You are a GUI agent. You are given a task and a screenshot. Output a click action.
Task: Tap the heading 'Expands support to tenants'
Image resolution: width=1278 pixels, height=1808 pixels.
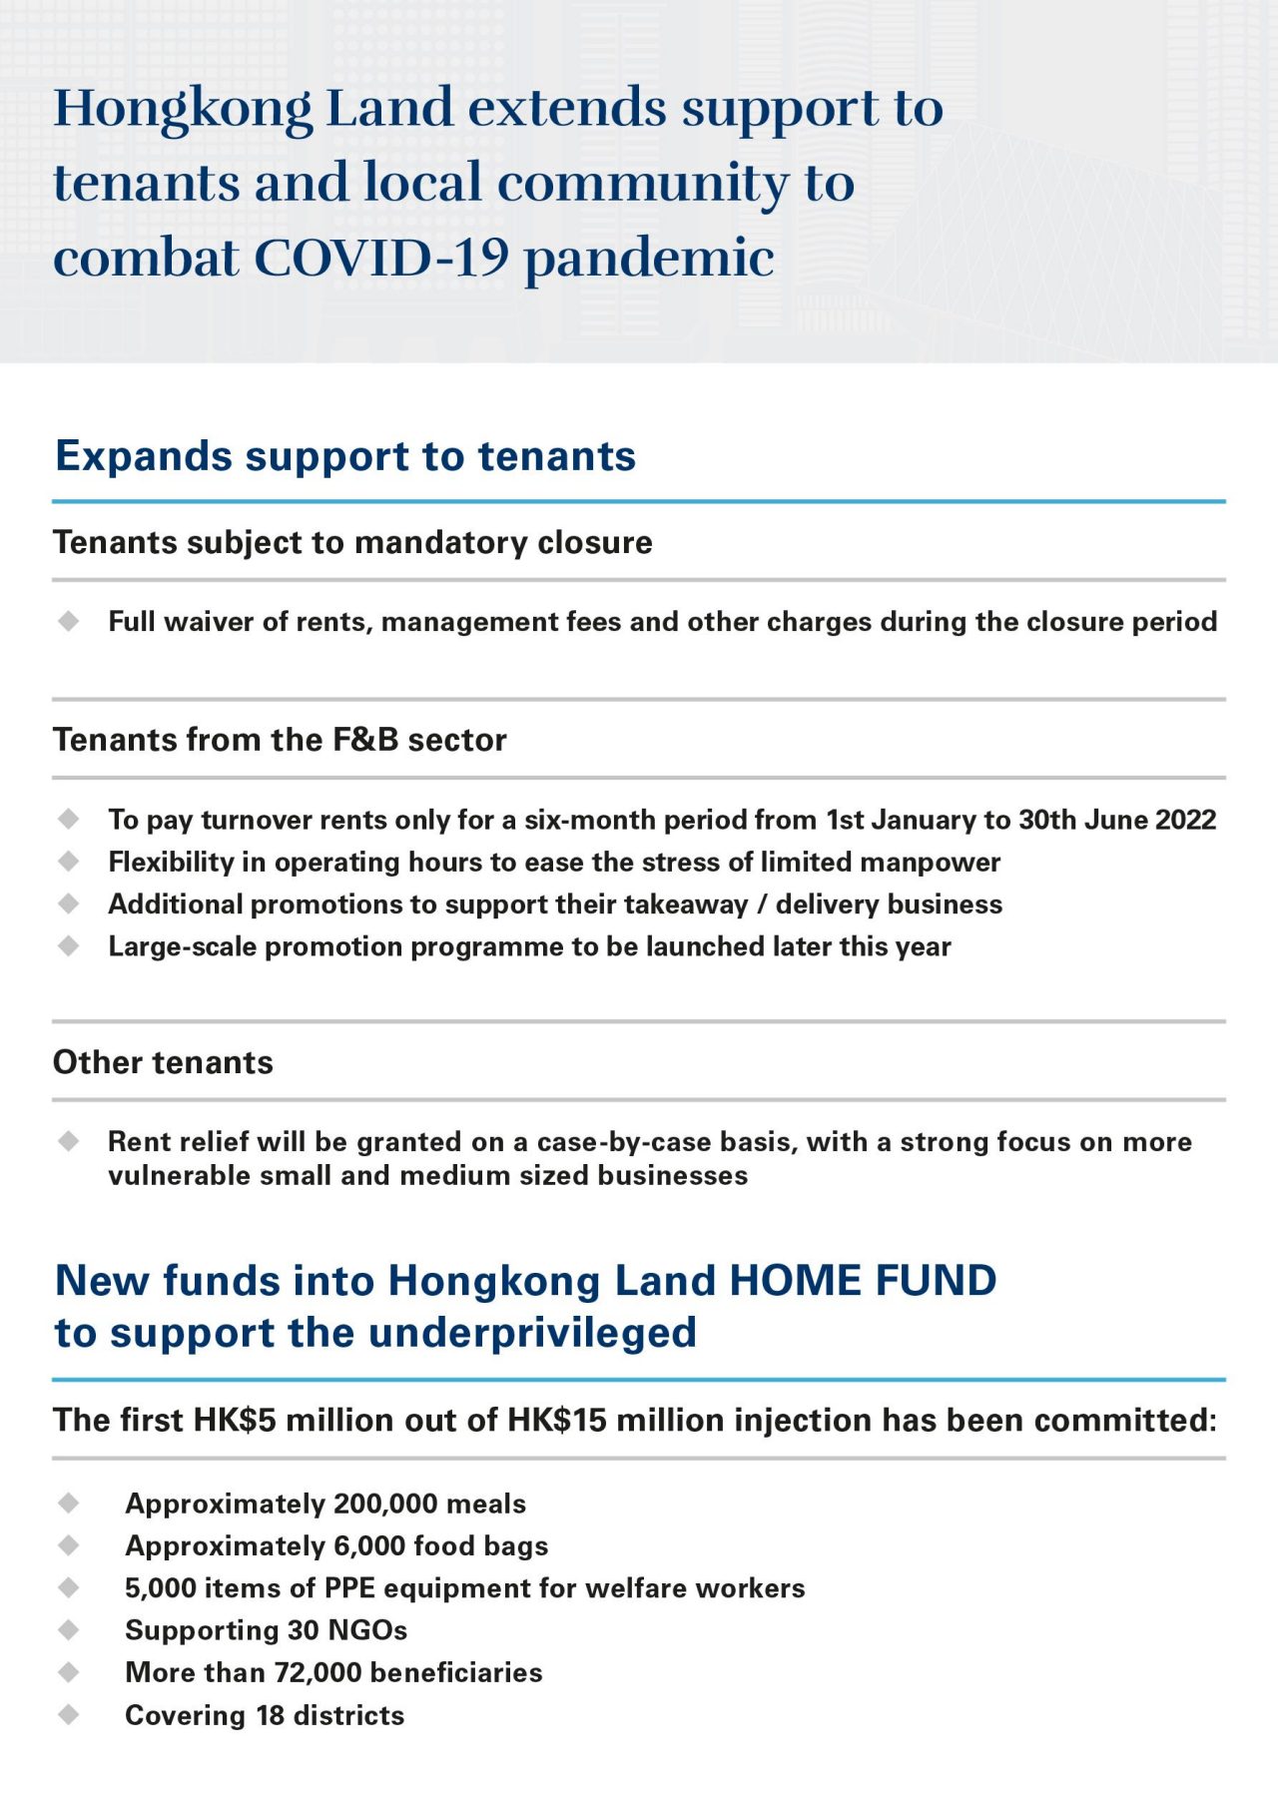(345, 456)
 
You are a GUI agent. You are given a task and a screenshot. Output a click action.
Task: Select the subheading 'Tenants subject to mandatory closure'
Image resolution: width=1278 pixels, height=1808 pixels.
(352, 542)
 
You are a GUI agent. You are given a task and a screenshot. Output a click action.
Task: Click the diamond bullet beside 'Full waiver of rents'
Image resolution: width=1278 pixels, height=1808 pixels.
(69, 621)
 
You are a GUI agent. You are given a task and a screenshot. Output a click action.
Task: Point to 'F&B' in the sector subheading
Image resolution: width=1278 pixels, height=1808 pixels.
(365, 740)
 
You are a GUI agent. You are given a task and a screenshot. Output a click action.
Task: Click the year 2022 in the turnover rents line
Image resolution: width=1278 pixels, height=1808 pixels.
(1186, 820)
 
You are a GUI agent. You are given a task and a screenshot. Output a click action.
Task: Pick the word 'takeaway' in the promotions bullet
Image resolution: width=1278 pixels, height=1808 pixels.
(686, 904)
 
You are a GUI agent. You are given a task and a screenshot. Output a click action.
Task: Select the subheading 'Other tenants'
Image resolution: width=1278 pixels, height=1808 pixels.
(163, 1062)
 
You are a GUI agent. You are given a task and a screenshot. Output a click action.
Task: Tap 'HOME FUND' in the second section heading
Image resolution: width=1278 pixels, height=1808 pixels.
(863, 1281)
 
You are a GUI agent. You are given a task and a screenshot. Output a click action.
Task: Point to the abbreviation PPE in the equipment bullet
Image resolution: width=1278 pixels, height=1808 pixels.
(349, 1587)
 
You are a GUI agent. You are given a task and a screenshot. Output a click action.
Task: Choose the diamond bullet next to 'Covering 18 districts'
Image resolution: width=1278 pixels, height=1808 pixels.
(69, 1714)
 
